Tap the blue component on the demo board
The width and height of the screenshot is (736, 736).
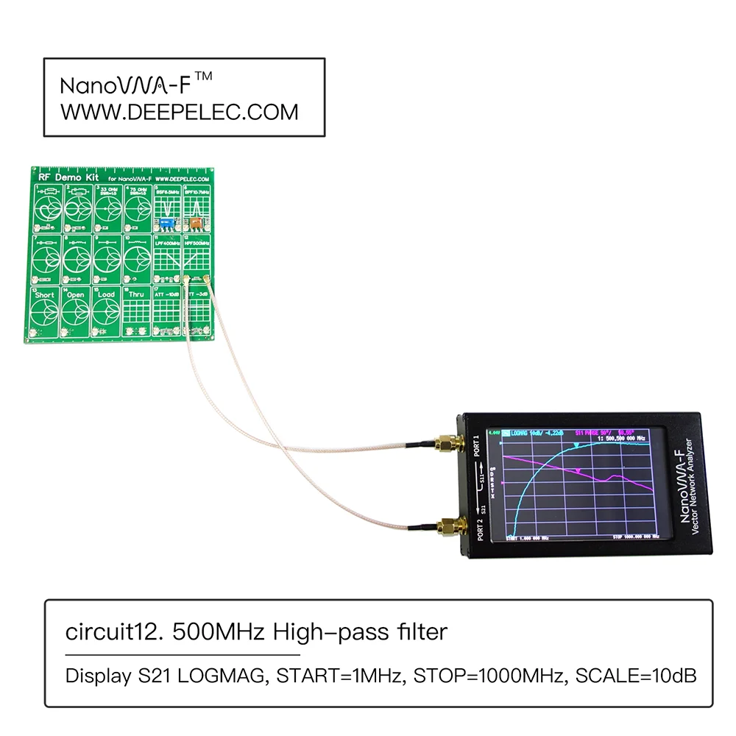[166, 221]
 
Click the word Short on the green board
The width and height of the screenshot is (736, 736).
[46, 294]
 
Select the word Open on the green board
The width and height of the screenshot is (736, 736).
[76, 294]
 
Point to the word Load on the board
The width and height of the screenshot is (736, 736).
[106, 294]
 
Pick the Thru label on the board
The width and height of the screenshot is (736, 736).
[137, 294]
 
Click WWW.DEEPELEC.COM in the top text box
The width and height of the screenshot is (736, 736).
[179, 112]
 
